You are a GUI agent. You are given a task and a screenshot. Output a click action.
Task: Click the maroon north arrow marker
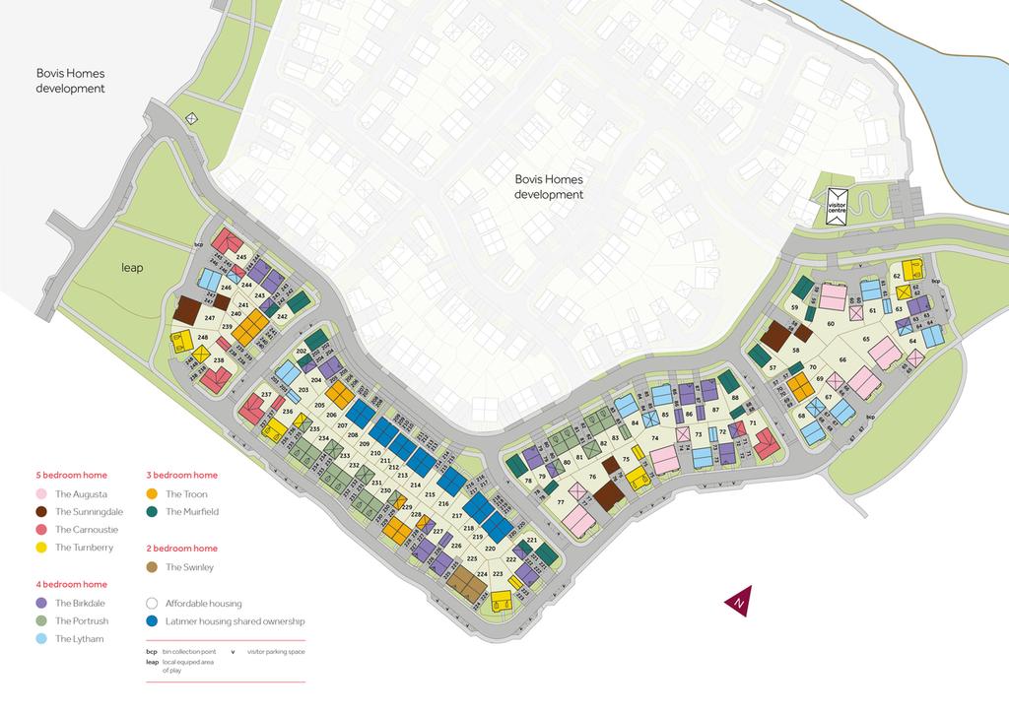click(x=736, y=600)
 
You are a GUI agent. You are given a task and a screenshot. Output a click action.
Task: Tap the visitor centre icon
click(x=837, y=207)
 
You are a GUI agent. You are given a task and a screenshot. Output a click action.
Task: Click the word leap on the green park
click(x=133, y=267)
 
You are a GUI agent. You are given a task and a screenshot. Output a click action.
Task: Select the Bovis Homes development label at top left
click(x=70, y=81)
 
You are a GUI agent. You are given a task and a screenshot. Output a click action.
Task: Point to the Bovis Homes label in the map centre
click(x=549, y=187)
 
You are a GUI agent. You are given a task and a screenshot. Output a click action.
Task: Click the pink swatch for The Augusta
click(x=41, y=494)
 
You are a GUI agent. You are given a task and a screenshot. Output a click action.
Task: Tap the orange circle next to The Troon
click(x=152, y=494)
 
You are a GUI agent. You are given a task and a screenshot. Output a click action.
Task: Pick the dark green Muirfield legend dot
click(x=152, y=512)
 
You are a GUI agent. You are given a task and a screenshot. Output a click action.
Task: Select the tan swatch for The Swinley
click(x=152, y=567)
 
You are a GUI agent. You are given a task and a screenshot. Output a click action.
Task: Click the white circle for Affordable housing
click(x=152, y=604)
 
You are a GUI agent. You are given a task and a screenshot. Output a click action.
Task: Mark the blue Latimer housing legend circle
click(x=152, y=621)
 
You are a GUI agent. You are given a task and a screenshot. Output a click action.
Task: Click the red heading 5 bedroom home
click(x=71, y=475)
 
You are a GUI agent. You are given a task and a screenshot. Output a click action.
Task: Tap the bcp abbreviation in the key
click(x=151, y=652)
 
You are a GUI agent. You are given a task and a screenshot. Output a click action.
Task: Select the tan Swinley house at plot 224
click(x=466, y=582)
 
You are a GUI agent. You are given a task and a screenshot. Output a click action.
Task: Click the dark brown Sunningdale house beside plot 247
click(x=186, y=309)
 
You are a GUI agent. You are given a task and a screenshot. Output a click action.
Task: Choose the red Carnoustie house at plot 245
click(x=227, y=242)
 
